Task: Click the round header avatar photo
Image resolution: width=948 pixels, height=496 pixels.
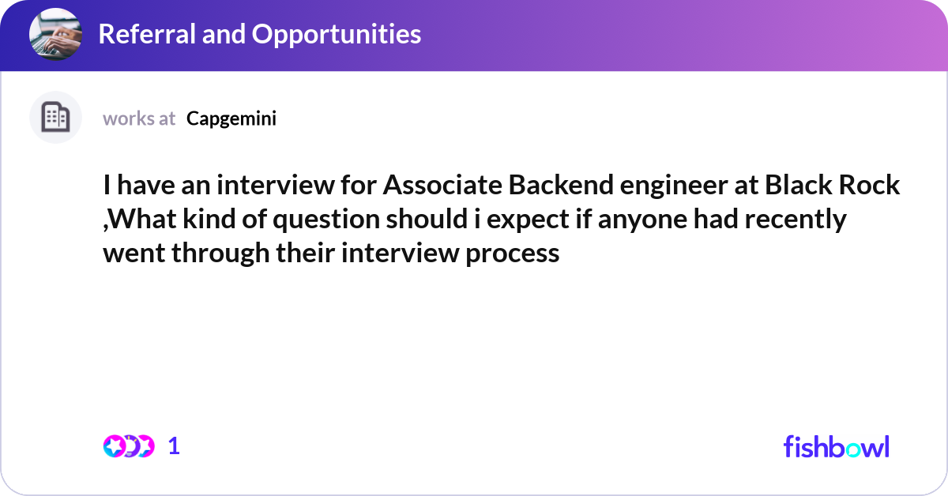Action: (55, 35)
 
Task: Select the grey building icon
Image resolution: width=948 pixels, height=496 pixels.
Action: (55, 118)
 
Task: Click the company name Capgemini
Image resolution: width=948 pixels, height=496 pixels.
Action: (231, 118)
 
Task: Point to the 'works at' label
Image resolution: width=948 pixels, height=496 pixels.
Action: (139, 118)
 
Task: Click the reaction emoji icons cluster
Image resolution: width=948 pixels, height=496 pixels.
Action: (128, 446)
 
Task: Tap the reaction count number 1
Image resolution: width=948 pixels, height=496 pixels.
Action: (175, 446)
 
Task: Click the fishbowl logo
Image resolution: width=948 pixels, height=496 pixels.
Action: (836, 446)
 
